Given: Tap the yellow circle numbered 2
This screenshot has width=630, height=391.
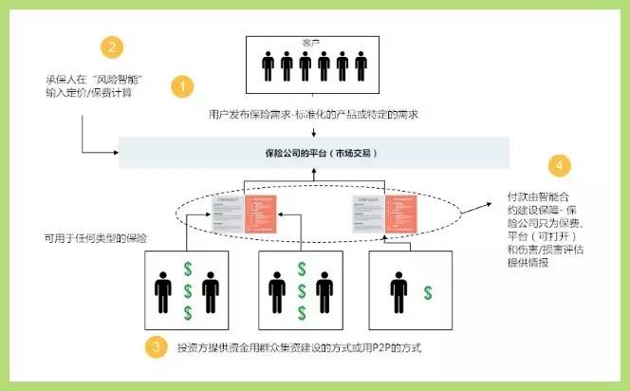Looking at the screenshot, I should (113, 47).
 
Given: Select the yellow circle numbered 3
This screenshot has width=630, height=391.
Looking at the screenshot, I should (156, 347).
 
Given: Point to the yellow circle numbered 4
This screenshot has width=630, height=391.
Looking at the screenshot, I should (562, 165).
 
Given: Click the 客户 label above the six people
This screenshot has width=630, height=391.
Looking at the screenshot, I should (312, 43).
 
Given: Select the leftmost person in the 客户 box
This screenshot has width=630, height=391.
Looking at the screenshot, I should (269, 67).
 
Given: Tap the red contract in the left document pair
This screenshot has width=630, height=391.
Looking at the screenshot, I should (261, 211).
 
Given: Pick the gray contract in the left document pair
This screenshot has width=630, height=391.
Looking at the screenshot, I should (230, 214).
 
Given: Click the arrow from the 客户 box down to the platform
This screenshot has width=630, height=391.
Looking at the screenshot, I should (312, 124).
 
